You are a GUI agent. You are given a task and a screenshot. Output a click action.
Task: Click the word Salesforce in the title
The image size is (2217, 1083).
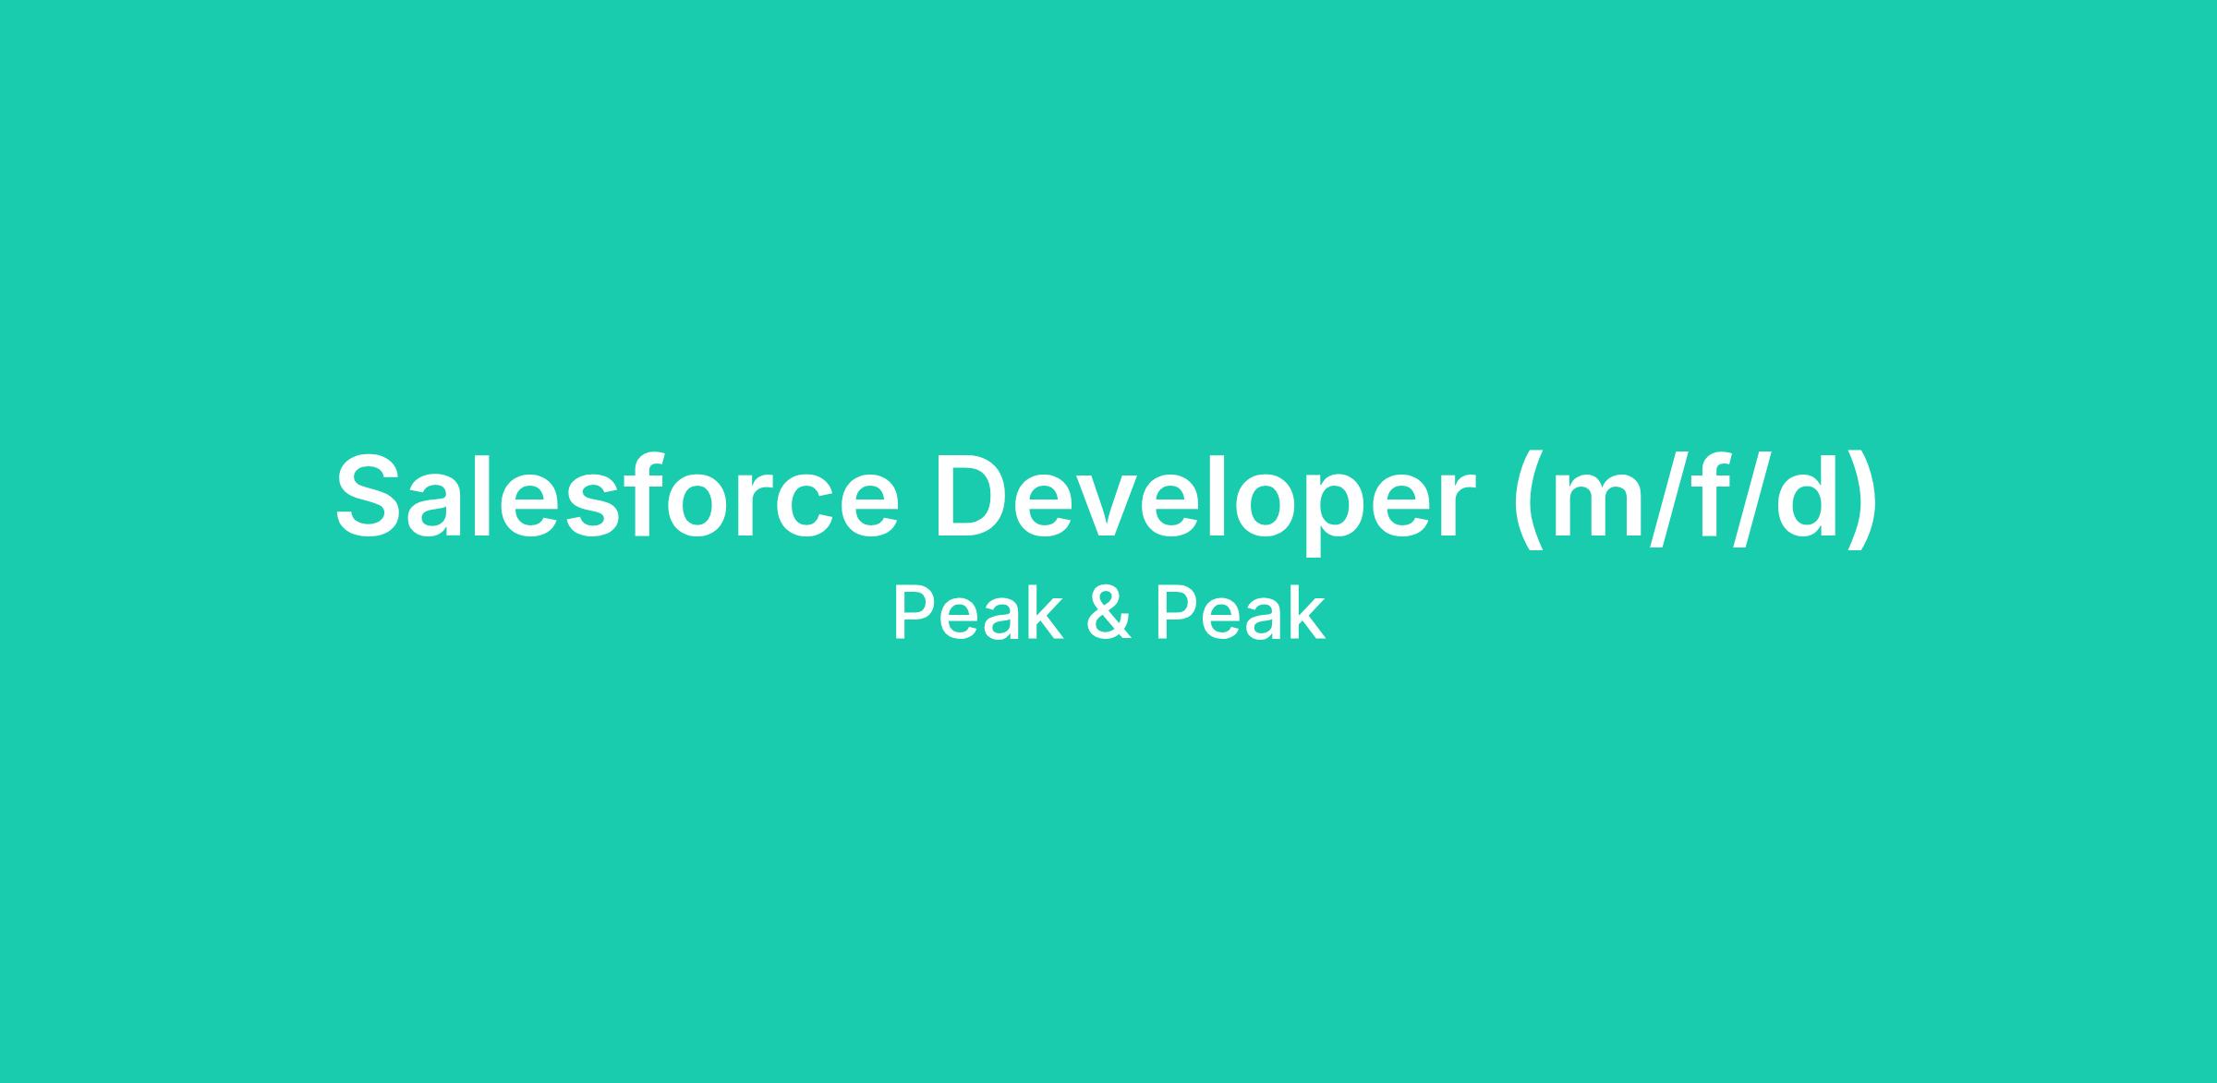617,494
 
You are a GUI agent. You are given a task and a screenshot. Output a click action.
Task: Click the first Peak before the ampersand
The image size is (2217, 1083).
978,612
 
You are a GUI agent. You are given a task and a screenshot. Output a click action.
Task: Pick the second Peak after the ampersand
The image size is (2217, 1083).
1241,612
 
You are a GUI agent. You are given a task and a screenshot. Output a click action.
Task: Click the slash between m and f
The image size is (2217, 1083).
1678,499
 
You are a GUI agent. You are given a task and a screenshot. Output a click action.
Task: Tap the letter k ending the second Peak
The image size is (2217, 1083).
1310,612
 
